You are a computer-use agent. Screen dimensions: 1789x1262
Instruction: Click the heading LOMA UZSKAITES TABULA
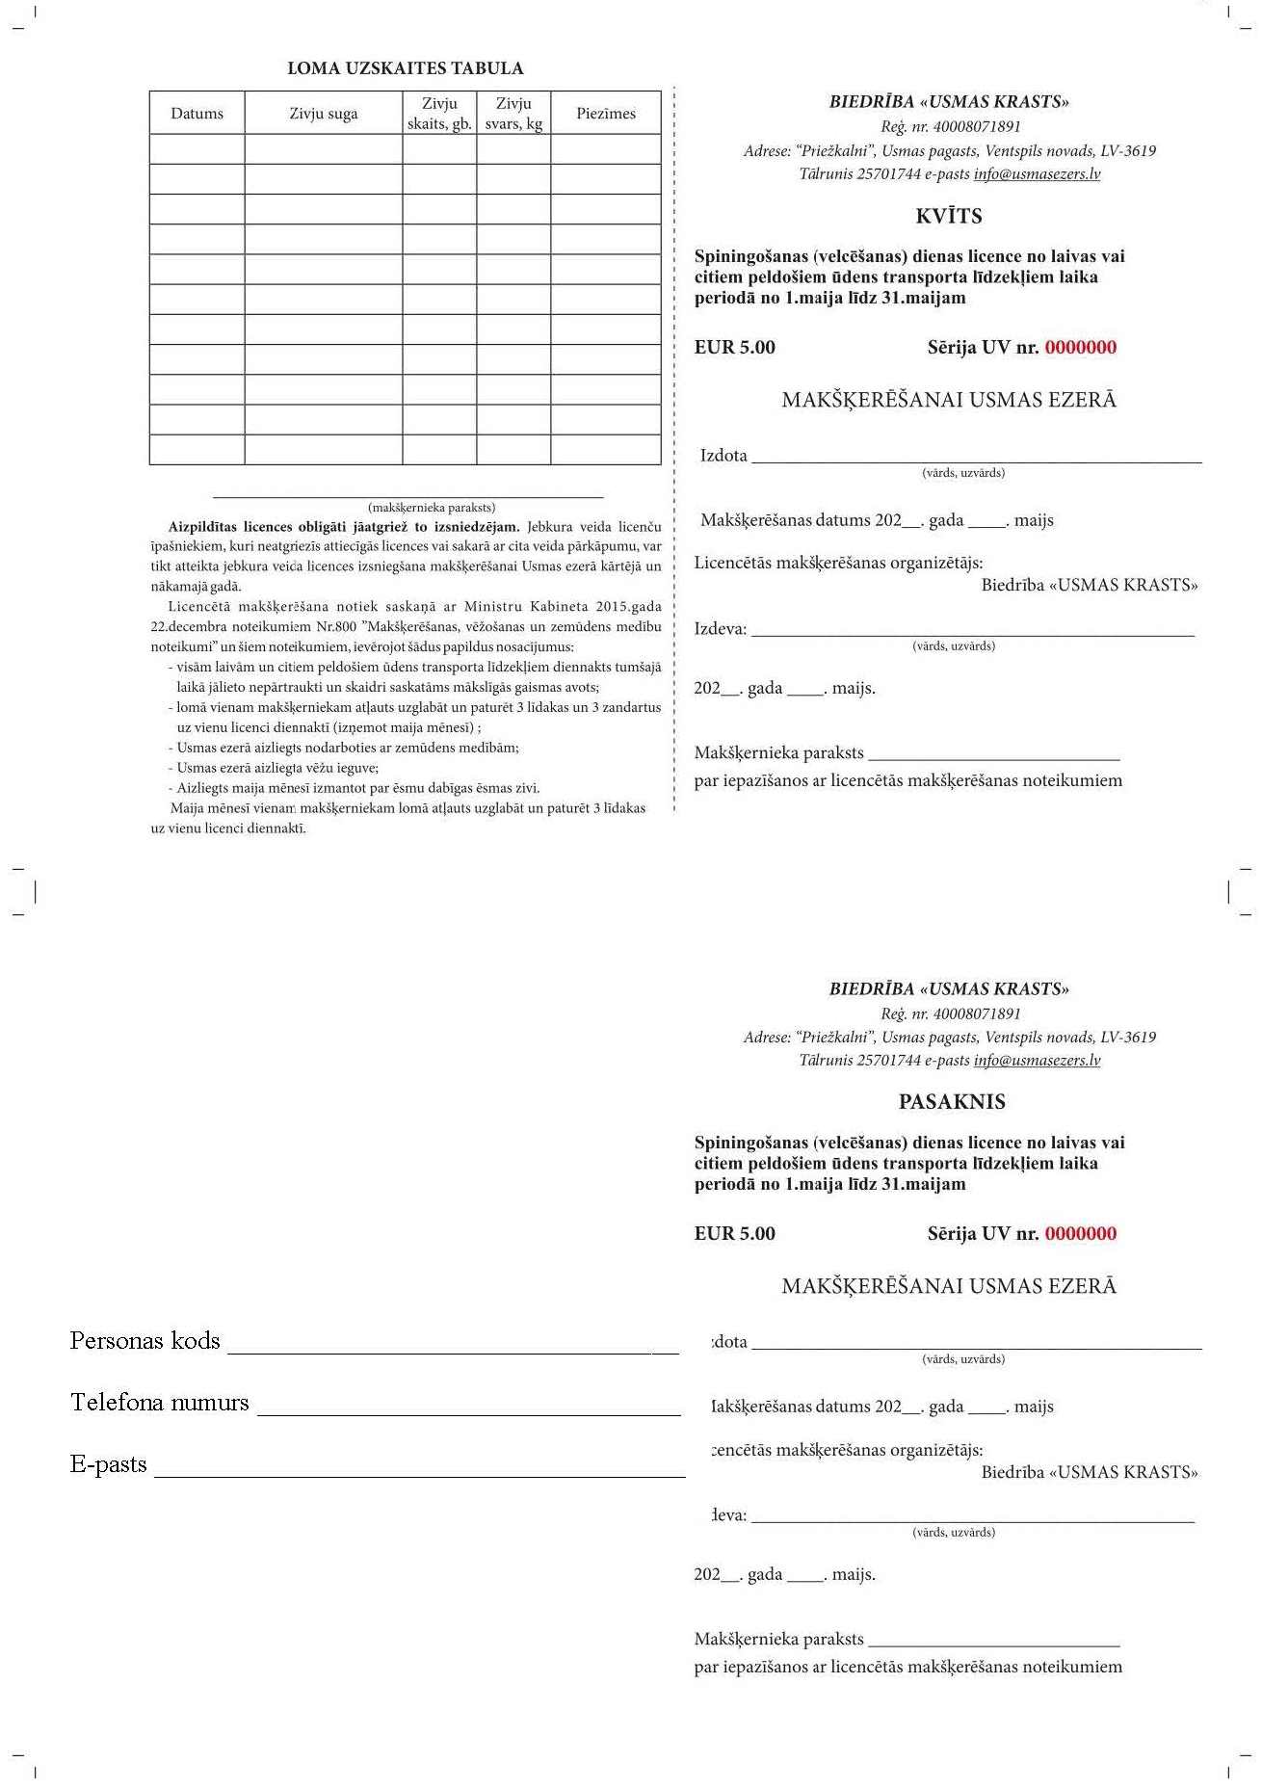pos(406,68)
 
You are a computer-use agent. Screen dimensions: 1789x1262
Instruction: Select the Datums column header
pos(197,114)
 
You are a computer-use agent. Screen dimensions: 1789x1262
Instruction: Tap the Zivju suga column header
pos(323,114)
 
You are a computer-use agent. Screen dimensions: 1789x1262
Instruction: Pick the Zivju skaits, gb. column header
pos(439,114)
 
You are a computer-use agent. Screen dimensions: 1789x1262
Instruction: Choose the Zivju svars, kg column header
pos(513,114)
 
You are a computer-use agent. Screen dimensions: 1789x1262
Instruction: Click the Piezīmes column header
pos(606,114)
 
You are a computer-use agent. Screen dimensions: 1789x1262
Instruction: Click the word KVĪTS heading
pos(949,216)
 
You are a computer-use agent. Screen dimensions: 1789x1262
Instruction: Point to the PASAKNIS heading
pos(952,1102)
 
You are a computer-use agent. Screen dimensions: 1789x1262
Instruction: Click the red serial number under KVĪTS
pos(1081,348)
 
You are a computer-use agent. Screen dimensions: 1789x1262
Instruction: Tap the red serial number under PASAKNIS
pos(1081,1234)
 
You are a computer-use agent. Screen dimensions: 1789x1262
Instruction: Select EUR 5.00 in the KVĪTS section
pos(735,348)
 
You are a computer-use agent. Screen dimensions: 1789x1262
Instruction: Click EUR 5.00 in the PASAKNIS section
pos(735,1234)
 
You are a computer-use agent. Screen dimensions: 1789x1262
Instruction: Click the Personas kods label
pos(145,1341)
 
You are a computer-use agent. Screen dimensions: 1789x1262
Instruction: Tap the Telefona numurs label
pos(160,1403)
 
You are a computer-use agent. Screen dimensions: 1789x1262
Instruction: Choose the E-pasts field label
pos(109,1465)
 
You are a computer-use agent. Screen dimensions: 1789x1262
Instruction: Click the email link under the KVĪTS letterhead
pos(1037,174)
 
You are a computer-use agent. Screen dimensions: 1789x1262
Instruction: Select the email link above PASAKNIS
pos(1037,1061)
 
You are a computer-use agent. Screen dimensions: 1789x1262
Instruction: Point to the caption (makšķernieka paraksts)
pos(432,507)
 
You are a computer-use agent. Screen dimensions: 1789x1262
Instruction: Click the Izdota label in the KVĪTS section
pos(723,456)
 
